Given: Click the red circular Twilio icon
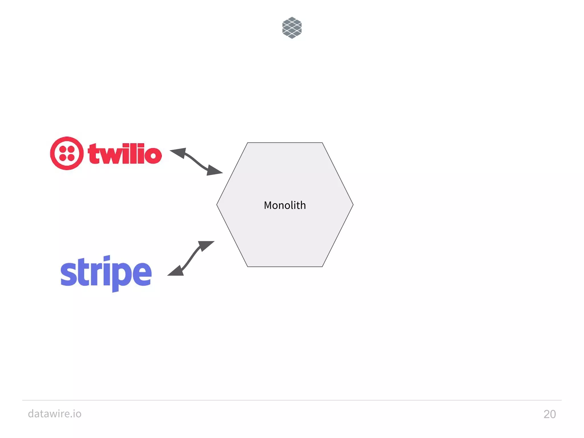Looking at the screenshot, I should (x=67, y=153).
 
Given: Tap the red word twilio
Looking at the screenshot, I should (x=125, y=154).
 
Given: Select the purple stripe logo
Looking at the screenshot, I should (x=106, y=273).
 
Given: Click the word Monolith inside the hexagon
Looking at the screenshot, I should (x=285, y=205).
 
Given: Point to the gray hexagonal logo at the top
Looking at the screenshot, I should (x=292, y=28).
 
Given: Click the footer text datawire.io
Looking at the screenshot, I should (x=55, y=413).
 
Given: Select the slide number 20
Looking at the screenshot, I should (x=549, y=414).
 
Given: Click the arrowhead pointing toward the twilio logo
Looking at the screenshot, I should (x=179, y=153).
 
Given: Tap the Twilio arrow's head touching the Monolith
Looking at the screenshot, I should (x=214, y=171).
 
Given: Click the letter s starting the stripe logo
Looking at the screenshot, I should (x=69, y=273).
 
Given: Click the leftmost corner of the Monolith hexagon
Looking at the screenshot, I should (x=217, y=205).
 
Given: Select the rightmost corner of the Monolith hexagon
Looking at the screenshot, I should (x=353, y=205).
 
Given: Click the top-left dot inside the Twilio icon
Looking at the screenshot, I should (x=63, y=150).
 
